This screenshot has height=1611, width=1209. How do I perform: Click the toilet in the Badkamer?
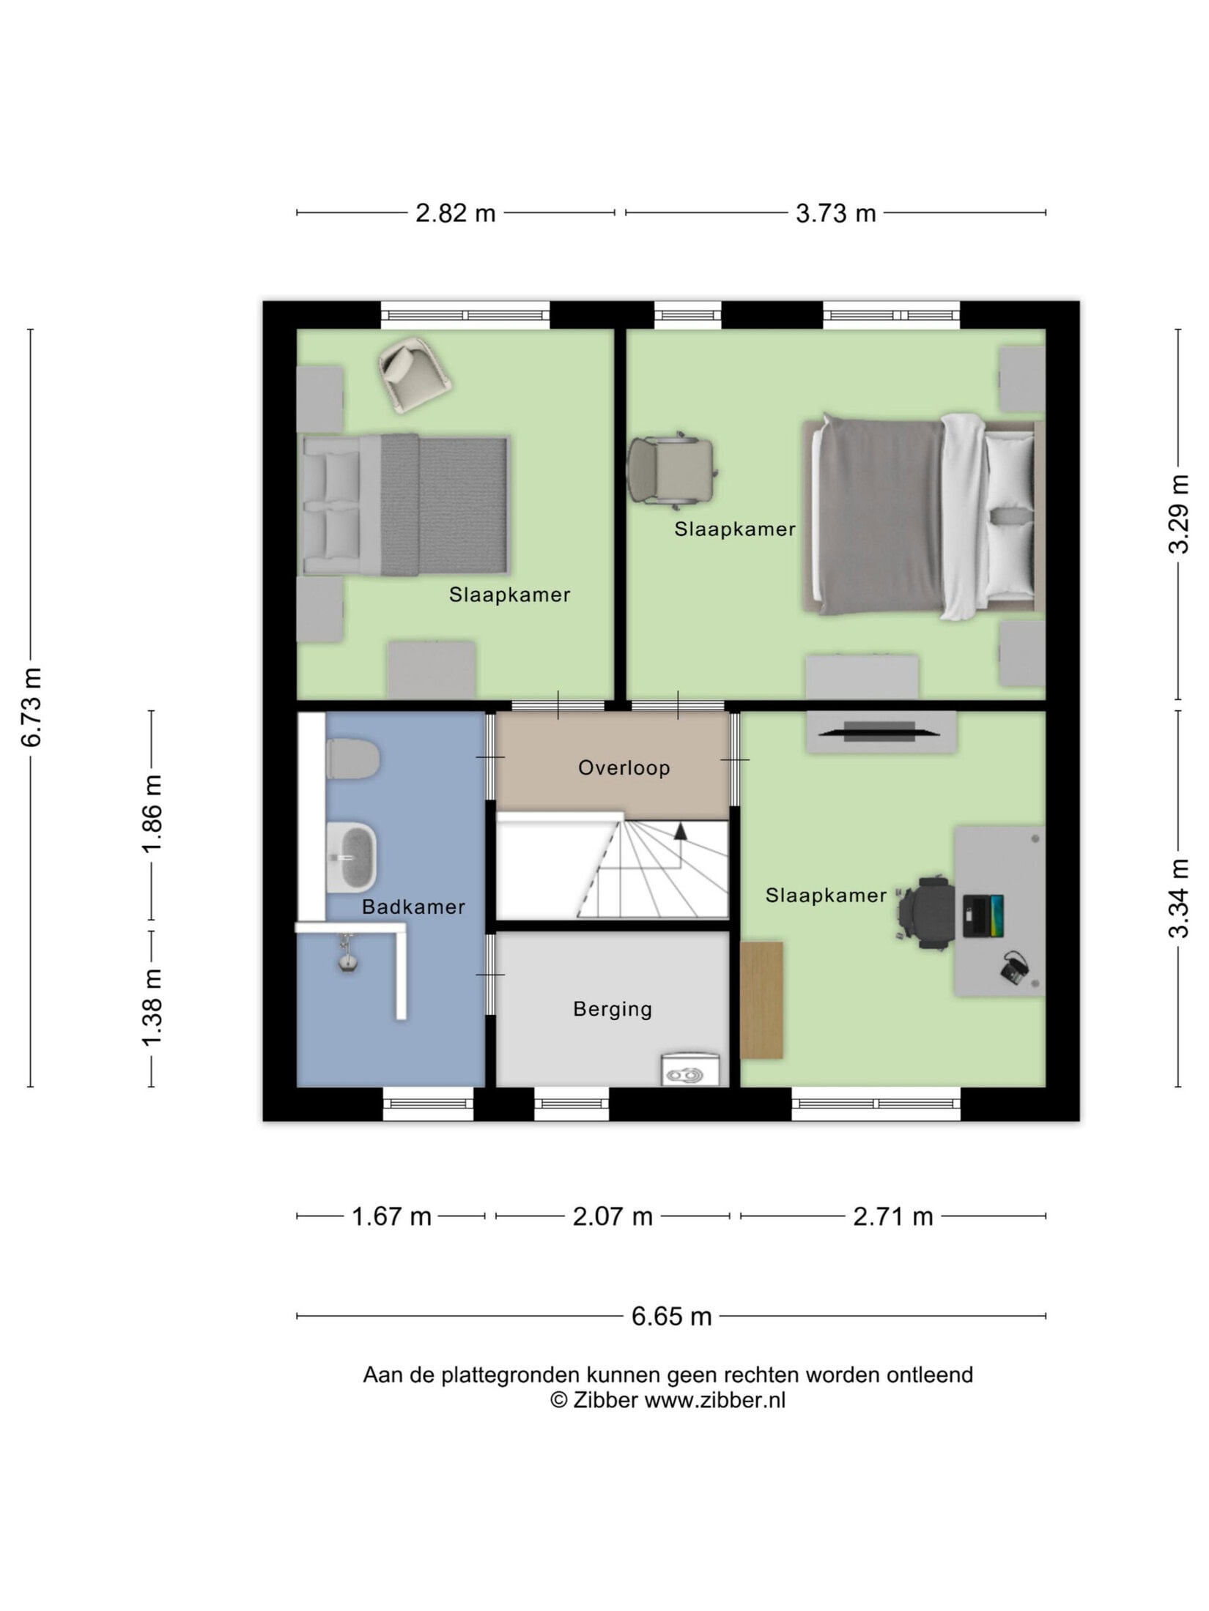(x=352, y=759)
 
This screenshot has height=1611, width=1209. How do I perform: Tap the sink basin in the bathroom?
(x=351, y=857)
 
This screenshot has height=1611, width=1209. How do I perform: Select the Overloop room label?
(x=624, y=767)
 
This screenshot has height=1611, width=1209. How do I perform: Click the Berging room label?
(x=612, y=1009)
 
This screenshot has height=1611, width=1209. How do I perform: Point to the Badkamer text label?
(x=413, y=907)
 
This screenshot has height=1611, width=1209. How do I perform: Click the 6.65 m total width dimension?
(x=671, y=1316)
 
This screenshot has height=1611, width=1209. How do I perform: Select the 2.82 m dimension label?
(x=455, y=213)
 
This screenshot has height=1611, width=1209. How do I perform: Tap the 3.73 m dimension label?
(x=835, y=213)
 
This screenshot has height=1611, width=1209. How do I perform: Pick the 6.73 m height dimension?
(x=32, y=707)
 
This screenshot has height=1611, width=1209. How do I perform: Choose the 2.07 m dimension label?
(x=613, y=1216)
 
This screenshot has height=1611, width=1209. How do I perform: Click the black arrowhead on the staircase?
(x=680, y=830)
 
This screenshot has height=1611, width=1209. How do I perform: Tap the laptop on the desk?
(x=983, y=915)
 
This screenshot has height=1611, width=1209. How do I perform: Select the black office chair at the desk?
(x=927, y=913)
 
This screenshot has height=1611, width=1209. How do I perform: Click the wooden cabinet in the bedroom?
(x=761, y=1000)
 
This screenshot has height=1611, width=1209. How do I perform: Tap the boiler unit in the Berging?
(x=691, y=1069)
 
